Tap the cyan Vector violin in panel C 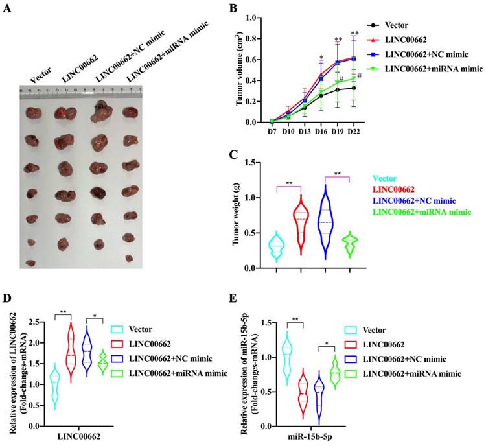point(277,246)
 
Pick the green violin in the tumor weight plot point(350,245)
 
